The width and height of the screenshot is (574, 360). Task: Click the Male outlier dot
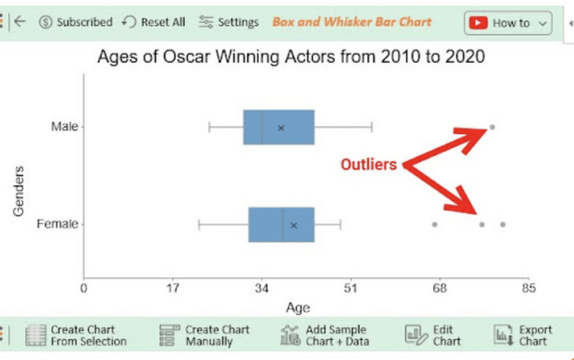click(x=492, y=127)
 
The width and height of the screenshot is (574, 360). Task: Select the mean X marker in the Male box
click(x=281, y=128)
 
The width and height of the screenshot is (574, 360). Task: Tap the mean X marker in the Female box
click(x=294, y=225)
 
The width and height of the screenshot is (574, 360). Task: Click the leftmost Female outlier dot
click(x=434, y=224)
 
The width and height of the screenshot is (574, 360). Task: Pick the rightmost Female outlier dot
click(x=503, y=224)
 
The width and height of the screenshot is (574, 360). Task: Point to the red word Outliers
click(x=368, y=164)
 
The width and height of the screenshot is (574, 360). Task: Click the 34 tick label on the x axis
click(x=262, y=289)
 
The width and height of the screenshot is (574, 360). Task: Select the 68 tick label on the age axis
click(x=439, y=289)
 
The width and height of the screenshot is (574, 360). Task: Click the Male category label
click(x=64, y=127)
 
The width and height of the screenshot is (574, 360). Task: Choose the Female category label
click(x=57, y=224)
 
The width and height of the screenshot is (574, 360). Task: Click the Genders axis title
click(x=19, y=191)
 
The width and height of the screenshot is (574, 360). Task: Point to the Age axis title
click(x=298, y=308)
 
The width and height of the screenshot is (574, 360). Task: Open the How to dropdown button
click(x=508, y=23)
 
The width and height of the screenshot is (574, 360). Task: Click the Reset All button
click(x=154, y=22)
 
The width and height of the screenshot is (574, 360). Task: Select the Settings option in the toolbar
click(x=229, y=22)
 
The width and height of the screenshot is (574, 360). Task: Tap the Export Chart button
click(x=523, y=335)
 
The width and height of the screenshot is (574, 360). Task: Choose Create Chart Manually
click(x=204, y=335)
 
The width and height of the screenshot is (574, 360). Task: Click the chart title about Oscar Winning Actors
click(x=291, y=57)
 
